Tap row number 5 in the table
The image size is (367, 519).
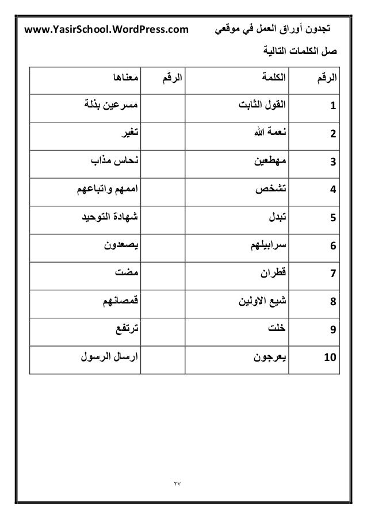(333, 217)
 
